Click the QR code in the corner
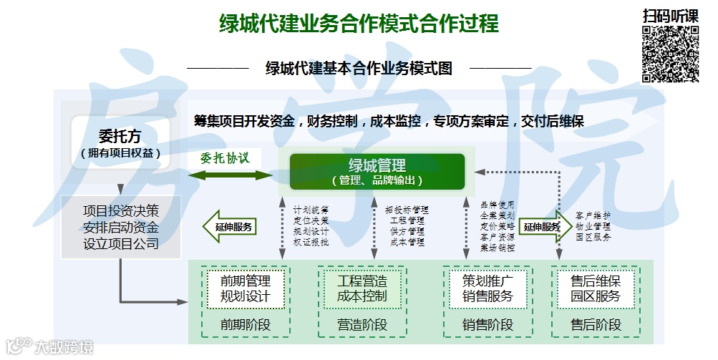pyautogui.click(x=669, y=54)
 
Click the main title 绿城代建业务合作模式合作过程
pyautogui.click(x=359, y=24)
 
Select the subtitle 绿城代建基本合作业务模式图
pyautogui.click(x=359, y=69)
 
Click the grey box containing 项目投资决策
pyautogui.click(x=120, y=227)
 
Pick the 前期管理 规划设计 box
pyautogui.click(x=246, y=288)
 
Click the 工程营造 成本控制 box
pyautogui.click(x=362, y=288)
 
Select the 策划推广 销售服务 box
pyautogui.click(x=487, y=288)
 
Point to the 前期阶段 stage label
pyautogui.click(x=246, y=324)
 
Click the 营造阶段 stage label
pyautogui.click(x=362, y=324)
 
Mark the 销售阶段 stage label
pyautogui.click(x=487, y=324)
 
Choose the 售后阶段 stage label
pyautogui.click(x=595, y=324)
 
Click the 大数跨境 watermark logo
pyautogui.click(x=50, y=348)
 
